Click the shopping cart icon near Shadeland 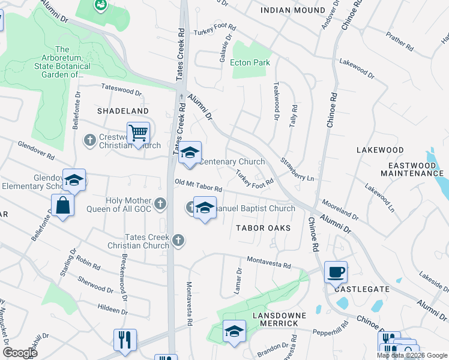(138, 133)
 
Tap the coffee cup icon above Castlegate (336, 272)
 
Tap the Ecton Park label (250, 62)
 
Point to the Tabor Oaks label (263, 228)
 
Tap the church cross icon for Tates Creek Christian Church (178, 241)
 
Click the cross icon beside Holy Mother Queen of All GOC (160, 204)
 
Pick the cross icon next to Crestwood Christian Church (89, 140)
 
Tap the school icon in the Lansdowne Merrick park (234, 331)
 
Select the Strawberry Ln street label (297, 170)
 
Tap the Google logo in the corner (19, 353)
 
